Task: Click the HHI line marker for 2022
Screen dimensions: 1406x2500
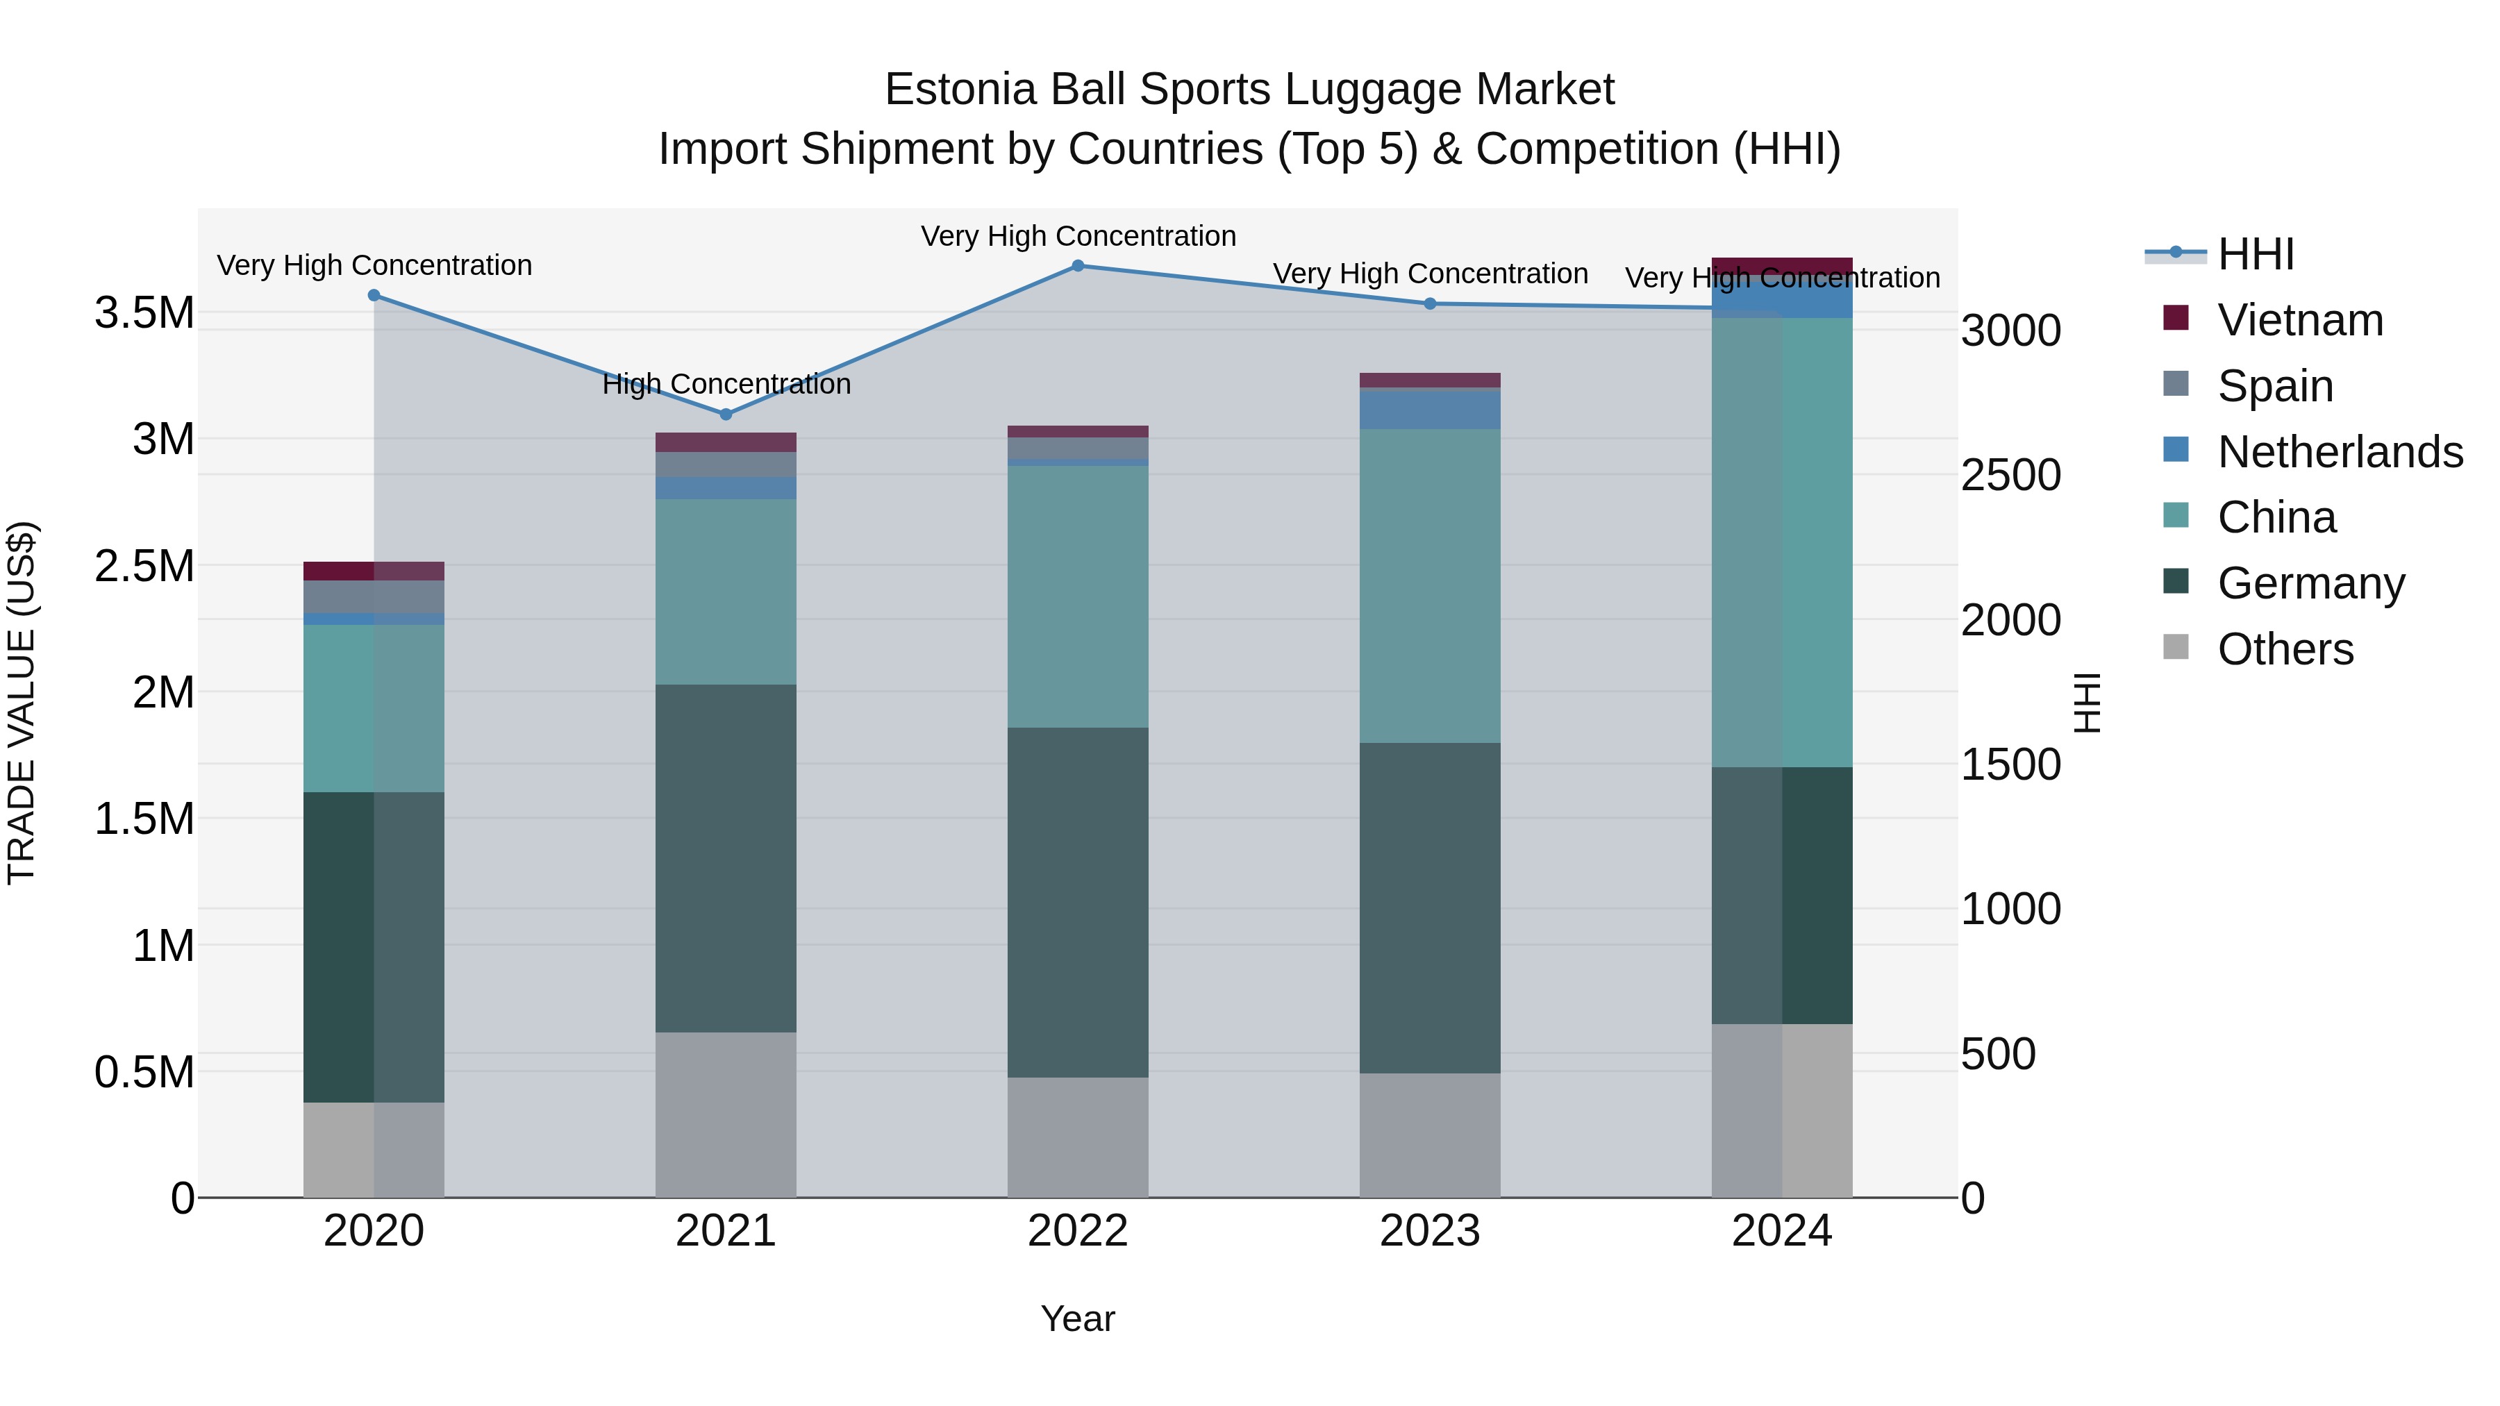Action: [x=1077, y=265]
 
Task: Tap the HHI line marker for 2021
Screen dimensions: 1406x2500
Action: [x=726, y=415]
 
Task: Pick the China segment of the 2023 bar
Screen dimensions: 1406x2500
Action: [x=1430, y=586]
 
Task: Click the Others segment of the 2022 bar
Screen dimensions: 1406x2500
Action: [x=1077, y=1137]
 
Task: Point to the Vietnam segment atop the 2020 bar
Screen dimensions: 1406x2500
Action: [x=374, y=571]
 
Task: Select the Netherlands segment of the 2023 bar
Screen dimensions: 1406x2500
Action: [x=1430, y=408]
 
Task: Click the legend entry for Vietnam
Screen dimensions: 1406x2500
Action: [x=2299, y=320]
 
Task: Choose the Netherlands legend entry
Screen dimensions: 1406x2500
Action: [x=2339, y=452]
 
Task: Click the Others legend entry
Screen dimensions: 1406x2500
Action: [x=2285, y=649]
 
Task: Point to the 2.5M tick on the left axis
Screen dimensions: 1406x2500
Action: [x=144, y=566]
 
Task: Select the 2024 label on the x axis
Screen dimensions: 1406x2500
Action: [x=1782, y=1231]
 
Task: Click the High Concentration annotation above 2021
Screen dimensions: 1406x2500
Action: [x=726, y=384]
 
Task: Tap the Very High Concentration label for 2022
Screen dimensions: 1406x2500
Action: [x=1077, y=237]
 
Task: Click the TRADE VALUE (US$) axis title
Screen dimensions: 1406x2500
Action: [x=22, y=703]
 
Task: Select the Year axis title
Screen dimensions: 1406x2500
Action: [x=1077, y=1319]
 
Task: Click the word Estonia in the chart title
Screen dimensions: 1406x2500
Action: [x=961, y=90]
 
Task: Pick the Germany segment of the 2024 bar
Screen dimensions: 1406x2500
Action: [x=1782, y=895]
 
